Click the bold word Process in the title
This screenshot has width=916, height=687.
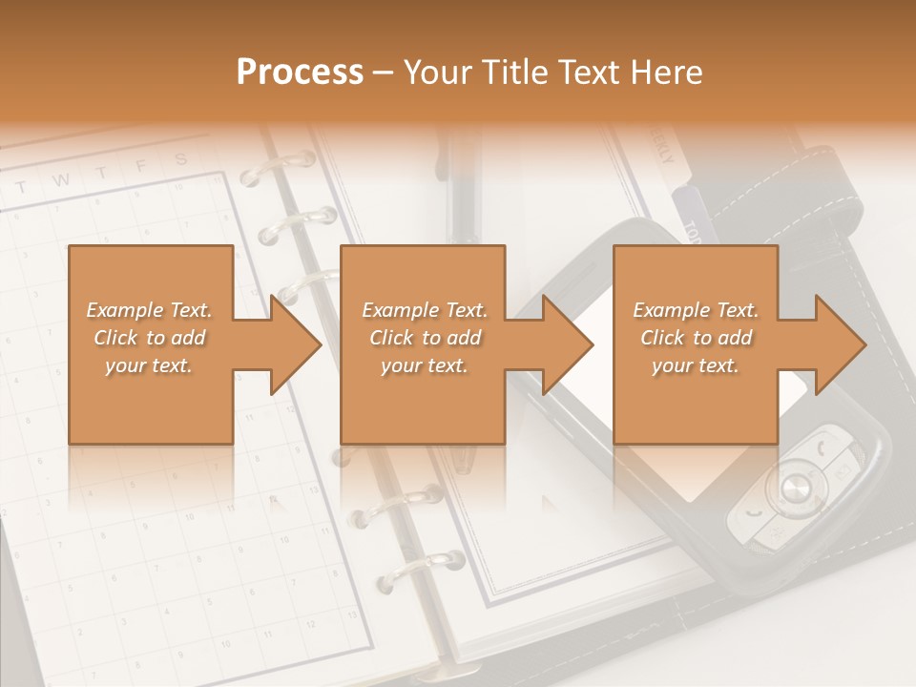tap(300, 73)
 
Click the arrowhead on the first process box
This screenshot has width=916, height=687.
tap(292, 344)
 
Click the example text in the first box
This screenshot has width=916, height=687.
tap(150, 338)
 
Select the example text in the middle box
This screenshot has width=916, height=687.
tap(425, 338)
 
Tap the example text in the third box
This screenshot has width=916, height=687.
tap(696, 338)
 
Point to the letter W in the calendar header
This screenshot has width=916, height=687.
tap(60, 179)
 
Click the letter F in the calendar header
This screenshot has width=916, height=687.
tap(140, 166)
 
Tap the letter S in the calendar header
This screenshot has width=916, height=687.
tap(179, 159)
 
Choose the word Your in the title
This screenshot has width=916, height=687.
tap(435, 73)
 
